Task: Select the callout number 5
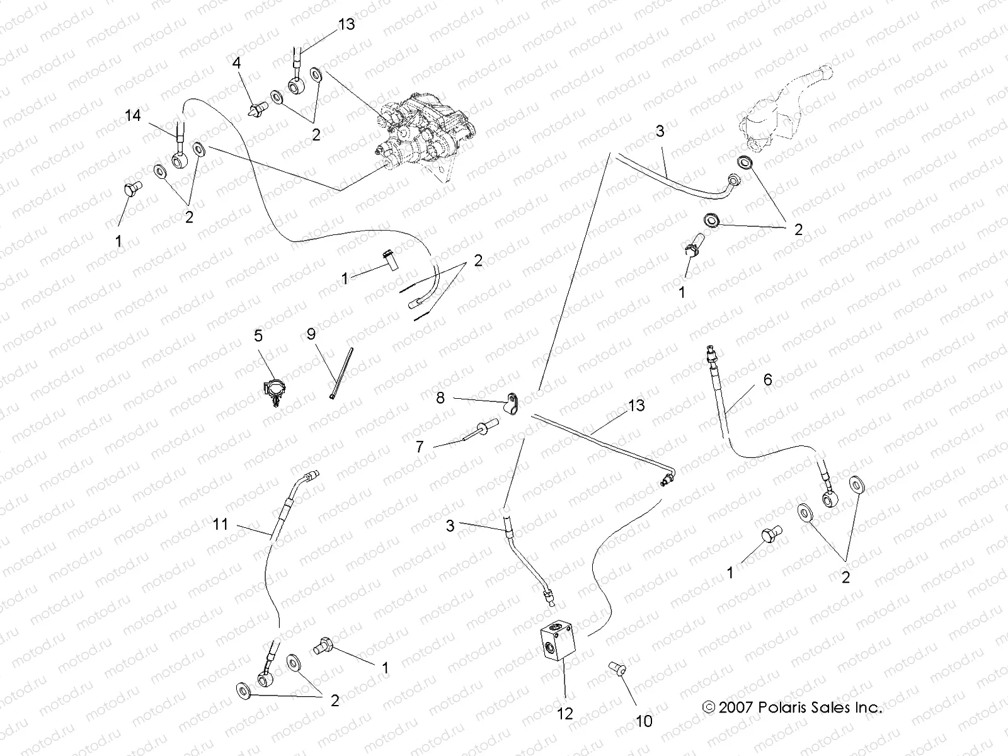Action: (x=258, y=335)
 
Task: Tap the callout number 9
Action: (x=311, y=334)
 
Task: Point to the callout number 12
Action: (x=565, y=713)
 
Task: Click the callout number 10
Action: (x=644, y=721)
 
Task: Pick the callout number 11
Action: (x=220, y=524)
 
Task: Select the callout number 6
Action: (x=767, y=379)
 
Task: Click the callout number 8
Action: (x=440, y=398)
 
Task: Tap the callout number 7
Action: (x=420, y=447)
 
